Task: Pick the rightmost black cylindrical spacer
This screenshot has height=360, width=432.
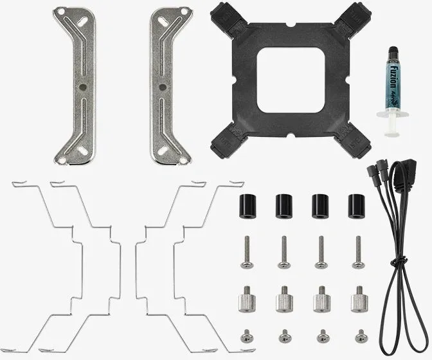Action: pos(355,204)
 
